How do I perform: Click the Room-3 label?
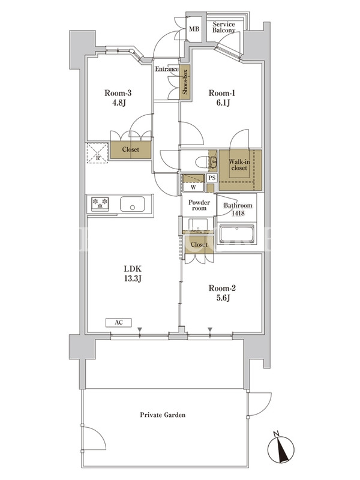(x=118, y=93)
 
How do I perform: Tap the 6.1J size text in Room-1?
(x=223, y=103)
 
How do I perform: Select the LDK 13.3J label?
(x=133, y=274)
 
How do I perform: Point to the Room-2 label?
(x=222, y=288)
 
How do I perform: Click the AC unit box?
(x=119, y=323)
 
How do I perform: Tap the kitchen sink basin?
(x=132, y=204)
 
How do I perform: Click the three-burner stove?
(x=100, y=203)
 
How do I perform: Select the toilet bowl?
(x=203, y=161)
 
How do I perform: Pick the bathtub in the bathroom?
(x=236, y=235)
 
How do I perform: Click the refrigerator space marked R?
(x=97, y=153)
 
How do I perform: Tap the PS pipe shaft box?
(x=212, y=178)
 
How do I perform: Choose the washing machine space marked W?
(x=193, y=183)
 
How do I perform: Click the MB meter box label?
(x=194, y=29)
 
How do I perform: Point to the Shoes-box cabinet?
(x=185, y=82)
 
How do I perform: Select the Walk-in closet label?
(x=239, y=165)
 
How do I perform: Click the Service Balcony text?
(x=224, y=27)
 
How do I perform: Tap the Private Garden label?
(x=163, y=415)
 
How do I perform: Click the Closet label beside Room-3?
(x=130, y=149)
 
